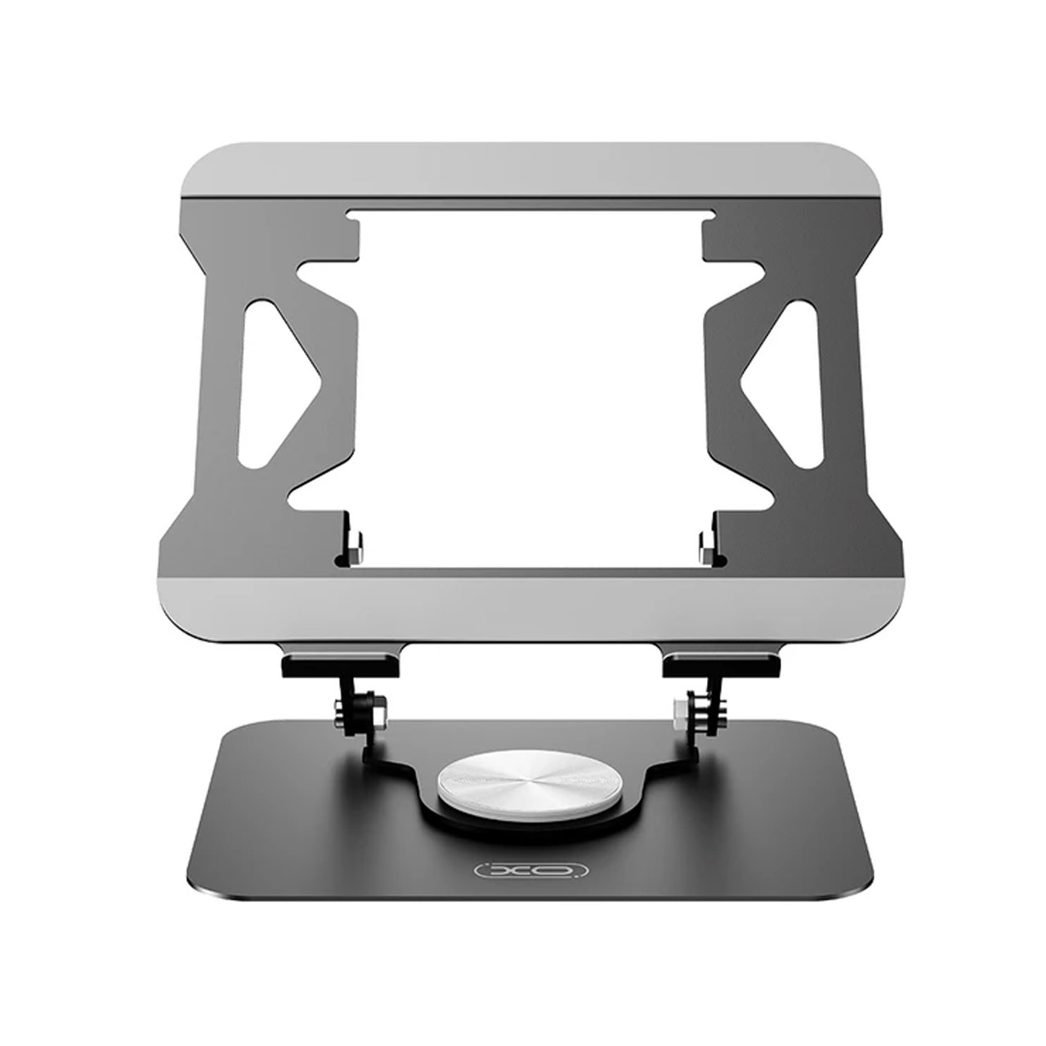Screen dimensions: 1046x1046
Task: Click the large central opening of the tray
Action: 531,384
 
